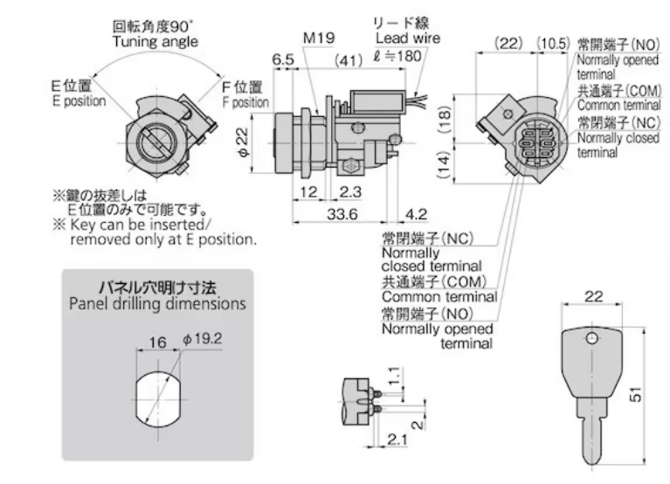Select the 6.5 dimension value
tap(282, 59)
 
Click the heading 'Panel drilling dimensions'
tap(157, 305)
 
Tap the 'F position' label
tap(244, 101)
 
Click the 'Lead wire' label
tap(407, 38)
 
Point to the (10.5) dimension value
tap(554, 43)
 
